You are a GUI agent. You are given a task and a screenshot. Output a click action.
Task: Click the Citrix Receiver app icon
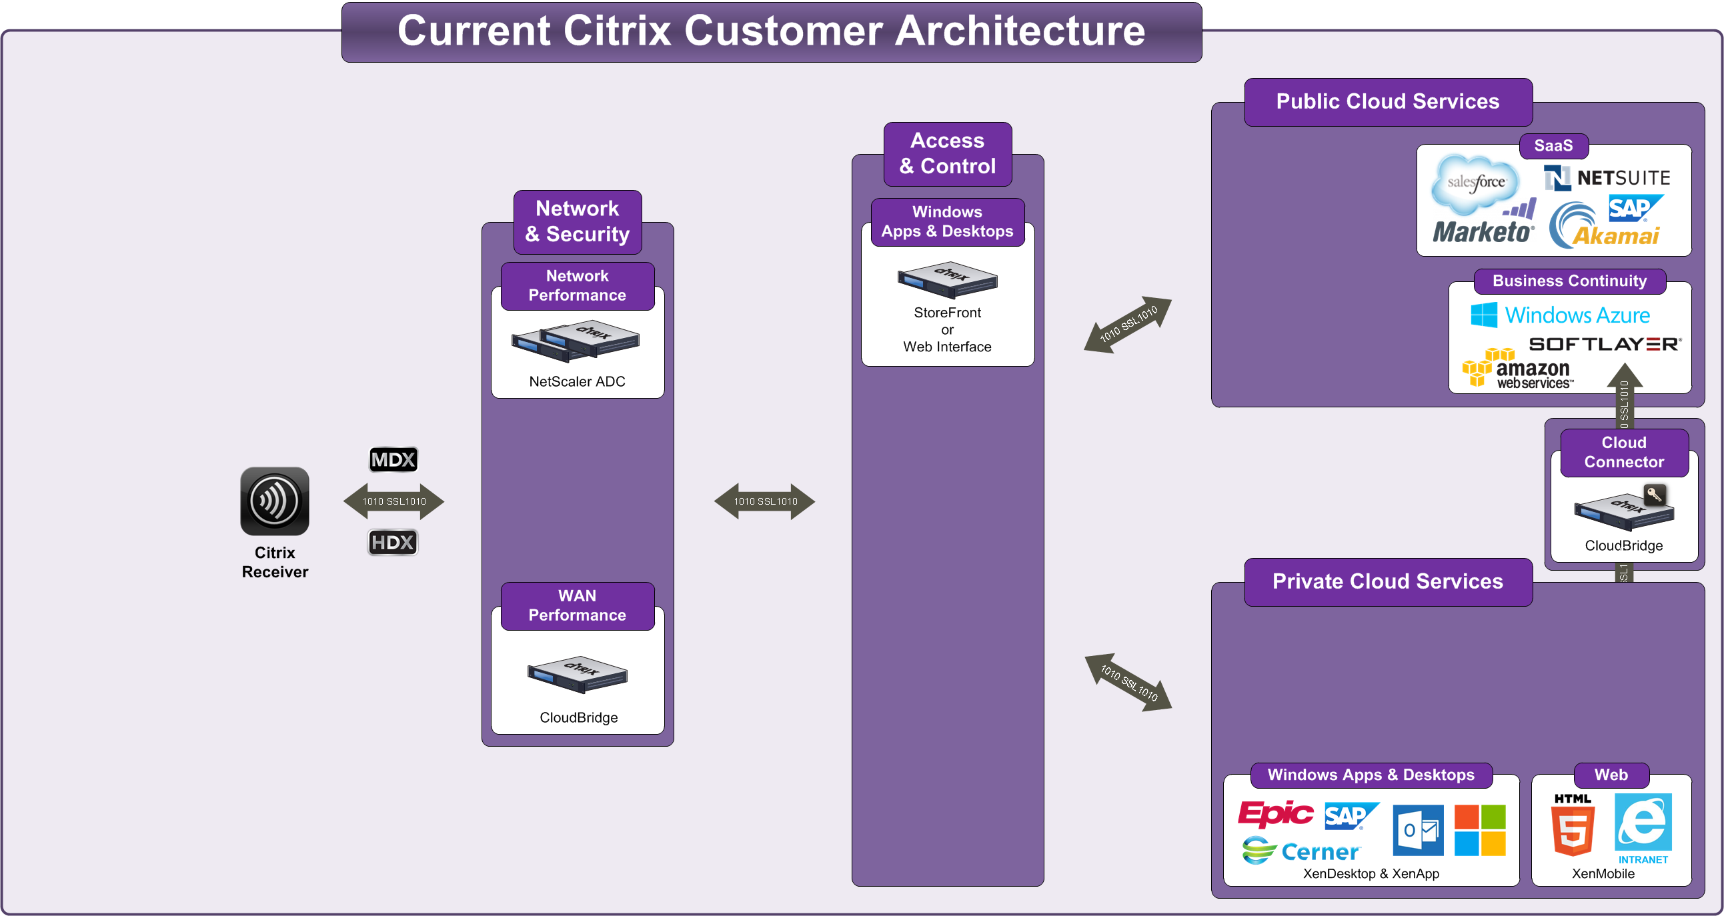(274, 501)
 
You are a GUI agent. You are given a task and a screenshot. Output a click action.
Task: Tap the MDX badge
(393, 460)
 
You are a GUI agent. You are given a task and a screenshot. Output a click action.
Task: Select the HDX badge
(393, 542)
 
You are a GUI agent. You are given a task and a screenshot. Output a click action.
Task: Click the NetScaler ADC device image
(576, 341)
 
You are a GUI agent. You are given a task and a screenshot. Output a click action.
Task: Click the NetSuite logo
(1607, 178)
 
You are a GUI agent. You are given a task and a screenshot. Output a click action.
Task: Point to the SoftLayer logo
(1604, 344)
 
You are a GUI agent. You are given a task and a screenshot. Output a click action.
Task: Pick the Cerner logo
(1301, 851)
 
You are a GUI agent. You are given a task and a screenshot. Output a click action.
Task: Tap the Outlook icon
(1417, 830)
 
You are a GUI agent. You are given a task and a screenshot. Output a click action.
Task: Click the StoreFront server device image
(947, 280)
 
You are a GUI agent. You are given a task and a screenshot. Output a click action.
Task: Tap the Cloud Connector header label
(1623, 452)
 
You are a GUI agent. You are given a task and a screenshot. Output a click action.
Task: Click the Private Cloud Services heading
(1387, 581)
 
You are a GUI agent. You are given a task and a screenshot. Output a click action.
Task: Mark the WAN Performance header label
(577, 605)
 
